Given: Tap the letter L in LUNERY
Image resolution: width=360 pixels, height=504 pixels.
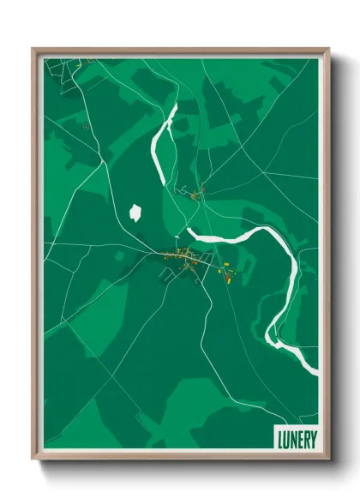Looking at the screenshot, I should (280, 438).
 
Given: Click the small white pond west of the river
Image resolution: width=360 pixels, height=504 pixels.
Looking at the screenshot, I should (135, 212).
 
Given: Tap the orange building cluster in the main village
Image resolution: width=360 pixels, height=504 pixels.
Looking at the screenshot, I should (181, 255).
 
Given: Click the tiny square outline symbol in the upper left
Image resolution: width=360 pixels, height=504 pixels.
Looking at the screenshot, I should (86, 127).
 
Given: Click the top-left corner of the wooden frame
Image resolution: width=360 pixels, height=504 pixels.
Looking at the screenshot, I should (33, 49).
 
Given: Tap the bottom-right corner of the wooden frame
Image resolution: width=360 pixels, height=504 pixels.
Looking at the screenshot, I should (328, 459).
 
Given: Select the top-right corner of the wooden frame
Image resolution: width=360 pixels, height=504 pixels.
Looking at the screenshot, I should (328, 49).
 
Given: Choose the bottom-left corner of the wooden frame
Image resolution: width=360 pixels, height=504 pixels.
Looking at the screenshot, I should (33, 459).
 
